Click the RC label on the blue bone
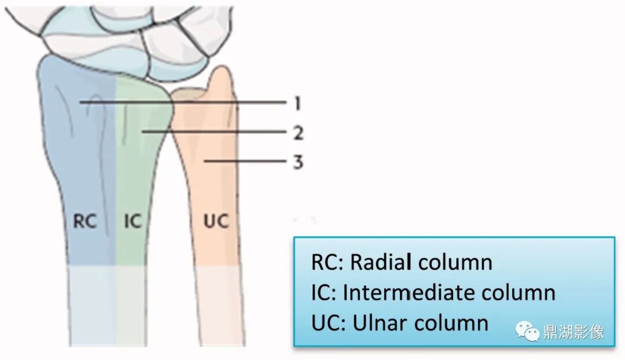(x=84, y=221)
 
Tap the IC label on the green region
(x=133, y=221)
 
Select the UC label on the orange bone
(x=216, y=221)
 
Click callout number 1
(x=297, y=104)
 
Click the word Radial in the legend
(x=381, y=262)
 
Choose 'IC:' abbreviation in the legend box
(x=323, y=292)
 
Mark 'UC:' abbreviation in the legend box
(x=329, y=322)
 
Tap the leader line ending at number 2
(x=214, y=132)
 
